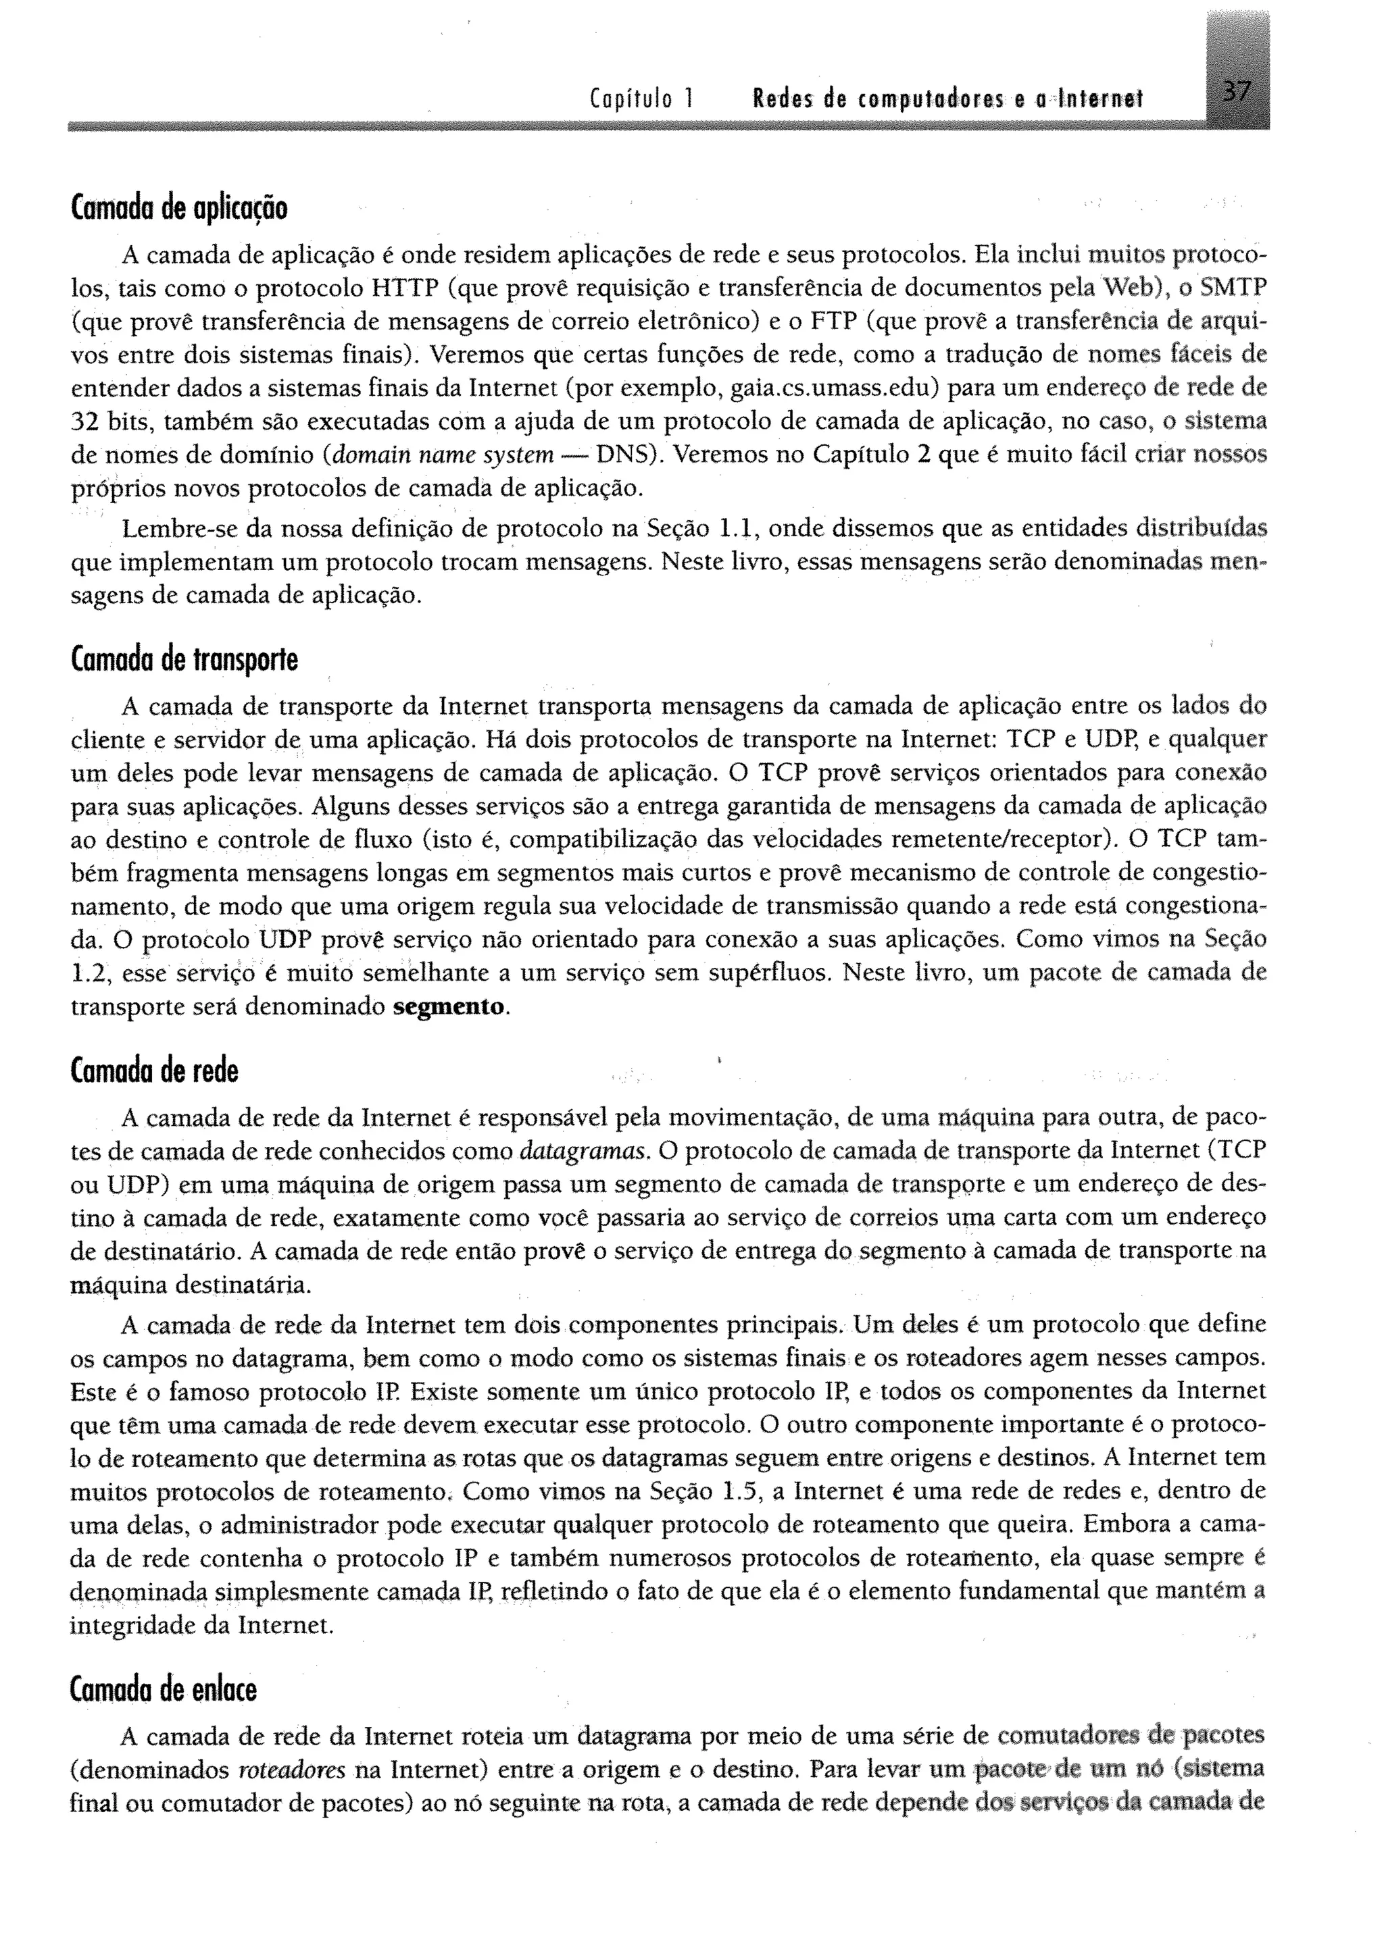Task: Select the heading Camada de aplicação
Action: tap(178, 208)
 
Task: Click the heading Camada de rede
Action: tap(154, 1071)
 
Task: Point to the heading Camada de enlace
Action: tap(163, 1690)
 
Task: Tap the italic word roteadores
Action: tap(291, 1770)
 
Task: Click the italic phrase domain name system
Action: tap(443, 455)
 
